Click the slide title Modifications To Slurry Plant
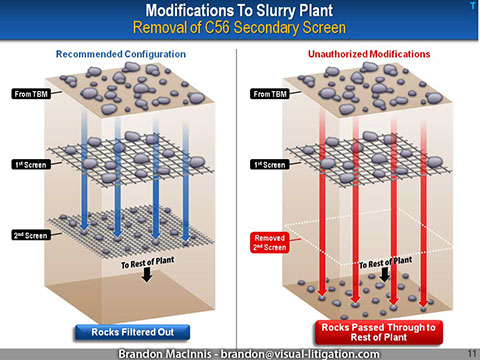click(239, 9)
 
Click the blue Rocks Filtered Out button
click(123, 330)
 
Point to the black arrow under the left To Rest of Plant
click(146, 278)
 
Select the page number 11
click(470, 352)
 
